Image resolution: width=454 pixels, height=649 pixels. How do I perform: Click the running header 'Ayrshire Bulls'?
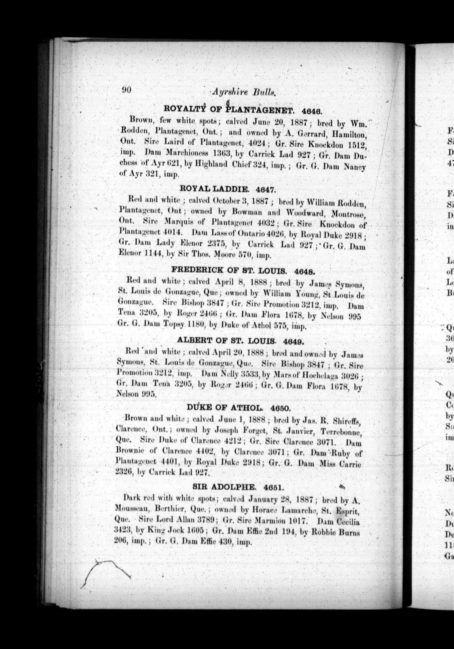click(243, 92)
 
